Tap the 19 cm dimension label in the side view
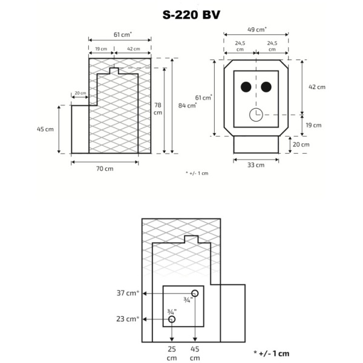click(x=101, y=48)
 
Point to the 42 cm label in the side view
click(x=132, y=48)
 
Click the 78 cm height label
click(x=157, y=108)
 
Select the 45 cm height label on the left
click(x=45, y=129)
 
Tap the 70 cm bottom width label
click(x=105, y=169)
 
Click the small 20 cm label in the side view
click(x=80, y=94)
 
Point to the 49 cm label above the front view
click(x=257, y=28)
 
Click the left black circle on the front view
click(x=246, y=87)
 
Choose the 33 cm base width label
click(x=256, y=165)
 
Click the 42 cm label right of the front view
click(x=316, y=87)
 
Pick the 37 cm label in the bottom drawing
click(x=128, y=293)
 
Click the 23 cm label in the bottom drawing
click(x=128, y=318)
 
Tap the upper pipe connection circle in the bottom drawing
click(x=194, y=293)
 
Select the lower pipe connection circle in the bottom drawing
click(x=172, y=319)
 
